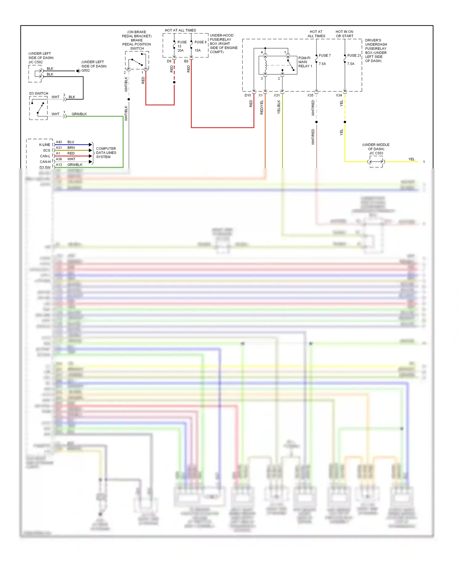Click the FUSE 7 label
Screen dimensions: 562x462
(325, 56)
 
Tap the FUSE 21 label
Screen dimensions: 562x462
(354, 56)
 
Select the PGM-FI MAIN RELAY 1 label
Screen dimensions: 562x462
(305, 62)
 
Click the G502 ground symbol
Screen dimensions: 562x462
(78, 71)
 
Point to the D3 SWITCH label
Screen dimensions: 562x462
(39, 93)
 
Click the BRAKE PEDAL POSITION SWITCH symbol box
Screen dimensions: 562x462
(137, 61)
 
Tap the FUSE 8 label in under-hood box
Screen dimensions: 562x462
(200, 42)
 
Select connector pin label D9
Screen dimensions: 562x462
(169, 61)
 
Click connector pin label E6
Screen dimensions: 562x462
(186, 61)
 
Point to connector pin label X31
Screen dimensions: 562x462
(277, 95)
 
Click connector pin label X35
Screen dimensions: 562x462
(310, 95)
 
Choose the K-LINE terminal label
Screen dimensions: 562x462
(45, 145)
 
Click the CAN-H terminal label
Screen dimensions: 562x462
(45, 162)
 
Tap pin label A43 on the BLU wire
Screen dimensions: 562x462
(59, 142)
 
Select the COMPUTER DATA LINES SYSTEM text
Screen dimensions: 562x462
(106, 153)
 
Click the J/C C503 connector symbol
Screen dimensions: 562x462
(376, 162)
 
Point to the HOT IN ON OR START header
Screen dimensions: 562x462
(344, 34)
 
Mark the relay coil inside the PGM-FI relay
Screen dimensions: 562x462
(265, 65)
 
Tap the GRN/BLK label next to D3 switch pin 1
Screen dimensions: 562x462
(79, 114)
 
